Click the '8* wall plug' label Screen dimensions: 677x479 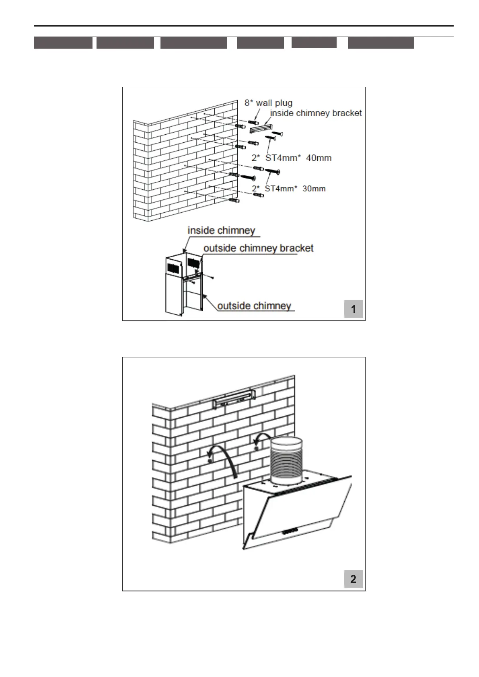click(x=268, y=103)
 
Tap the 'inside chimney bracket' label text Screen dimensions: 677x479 click(x=316, y=113)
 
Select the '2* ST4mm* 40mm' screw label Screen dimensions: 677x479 click(x=292, y=158)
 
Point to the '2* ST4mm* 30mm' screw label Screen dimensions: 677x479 click(x=288, y=189)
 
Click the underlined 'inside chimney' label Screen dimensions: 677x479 click(x=221, y=231)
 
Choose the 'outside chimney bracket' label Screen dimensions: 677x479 click(x=258, y=248)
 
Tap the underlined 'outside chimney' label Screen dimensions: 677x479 click(x=254, y=306)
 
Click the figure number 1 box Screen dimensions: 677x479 click(x=354, y=309)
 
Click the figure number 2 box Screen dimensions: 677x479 click(x=353, y=579)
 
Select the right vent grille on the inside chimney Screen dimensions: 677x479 click(x=194, y=263)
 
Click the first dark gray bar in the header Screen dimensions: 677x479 click(x=63, y=43)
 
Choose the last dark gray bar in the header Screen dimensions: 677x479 click(x=380, y=43)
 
